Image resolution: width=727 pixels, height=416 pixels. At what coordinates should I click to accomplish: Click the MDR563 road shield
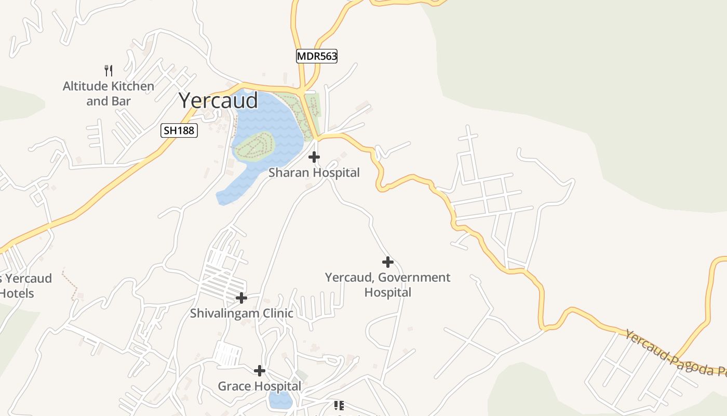[x=317, y=56]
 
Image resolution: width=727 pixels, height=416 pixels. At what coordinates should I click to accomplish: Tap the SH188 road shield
[x=179, y=131]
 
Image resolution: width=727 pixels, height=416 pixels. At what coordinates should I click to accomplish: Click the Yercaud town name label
[x=218, y=100]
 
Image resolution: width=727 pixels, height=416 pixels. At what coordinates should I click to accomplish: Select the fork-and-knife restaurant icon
[x=109, y=70]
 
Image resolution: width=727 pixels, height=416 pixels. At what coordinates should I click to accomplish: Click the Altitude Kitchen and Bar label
[x=109, y=94]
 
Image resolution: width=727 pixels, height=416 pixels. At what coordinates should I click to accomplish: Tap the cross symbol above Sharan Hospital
[x=314, y=157]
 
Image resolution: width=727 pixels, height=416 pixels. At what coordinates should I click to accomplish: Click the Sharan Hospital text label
[x=314, y=173]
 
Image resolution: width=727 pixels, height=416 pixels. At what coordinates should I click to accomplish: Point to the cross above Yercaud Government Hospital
[x=387, y=262]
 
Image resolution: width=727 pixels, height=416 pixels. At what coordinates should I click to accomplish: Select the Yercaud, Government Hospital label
[x=387, y=284]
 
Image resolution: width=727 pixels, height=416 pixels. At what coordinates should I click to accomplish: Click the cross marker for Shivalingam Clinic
[x=241, y=298]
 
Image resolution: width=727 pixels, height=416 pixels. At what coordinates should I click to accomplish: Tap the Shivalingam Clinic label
[x=241, y=314]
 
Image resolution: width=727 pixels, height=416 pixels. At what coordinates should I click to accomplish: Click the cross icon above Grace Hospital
[x=260, y=371]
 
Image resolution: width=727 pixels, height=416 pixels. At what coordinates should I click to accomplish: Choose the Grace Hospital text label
[x=259, y=386]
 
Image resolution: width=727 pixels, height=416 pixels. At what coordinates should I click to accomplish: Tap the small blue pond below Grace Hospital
[x=280, y=400]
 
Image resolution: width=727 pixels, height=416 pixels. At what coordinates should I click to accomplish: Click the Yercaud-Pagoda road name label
[x=675, y=354]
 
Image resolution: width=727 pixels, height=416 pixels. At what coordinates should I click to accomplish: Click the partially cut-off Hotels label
[x=17, y=293]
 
